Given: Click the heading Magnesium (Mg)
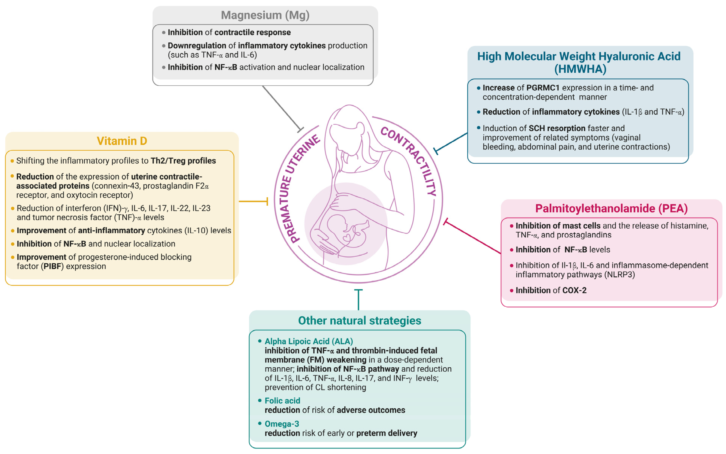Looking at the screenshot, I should [x=265, y=15].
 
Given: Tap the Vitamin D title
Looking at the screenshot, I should [x=122, y=141].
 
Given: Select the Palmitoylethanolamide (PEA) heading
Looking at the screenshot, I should [x=611, y=208].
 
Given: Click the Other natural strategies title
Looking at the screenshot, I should [x=359, y=320].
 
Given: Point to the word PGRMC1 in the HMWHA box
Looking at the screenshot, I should [x=543, y=88].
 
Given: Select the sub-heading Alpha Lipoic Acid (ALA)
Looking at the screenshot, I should [x=309, y=341].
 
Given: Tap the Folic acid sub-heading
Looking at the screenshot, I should [x=282, y=401].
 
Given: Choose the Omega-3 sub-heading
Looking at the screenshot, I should [x=282, y=424].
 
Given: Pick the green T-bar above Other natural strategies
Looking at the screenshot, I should [x=358, y=299].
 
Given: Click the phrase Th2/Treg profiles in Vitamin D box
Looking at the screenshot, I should [x=183, y=161].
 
